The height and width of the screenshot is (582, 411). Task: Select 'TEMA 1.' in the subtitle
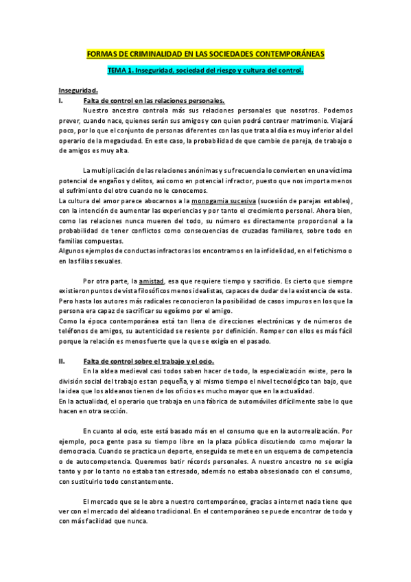click(122, 71)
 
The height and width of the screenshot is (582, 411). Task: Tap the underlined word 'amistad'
click(152, 281)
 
